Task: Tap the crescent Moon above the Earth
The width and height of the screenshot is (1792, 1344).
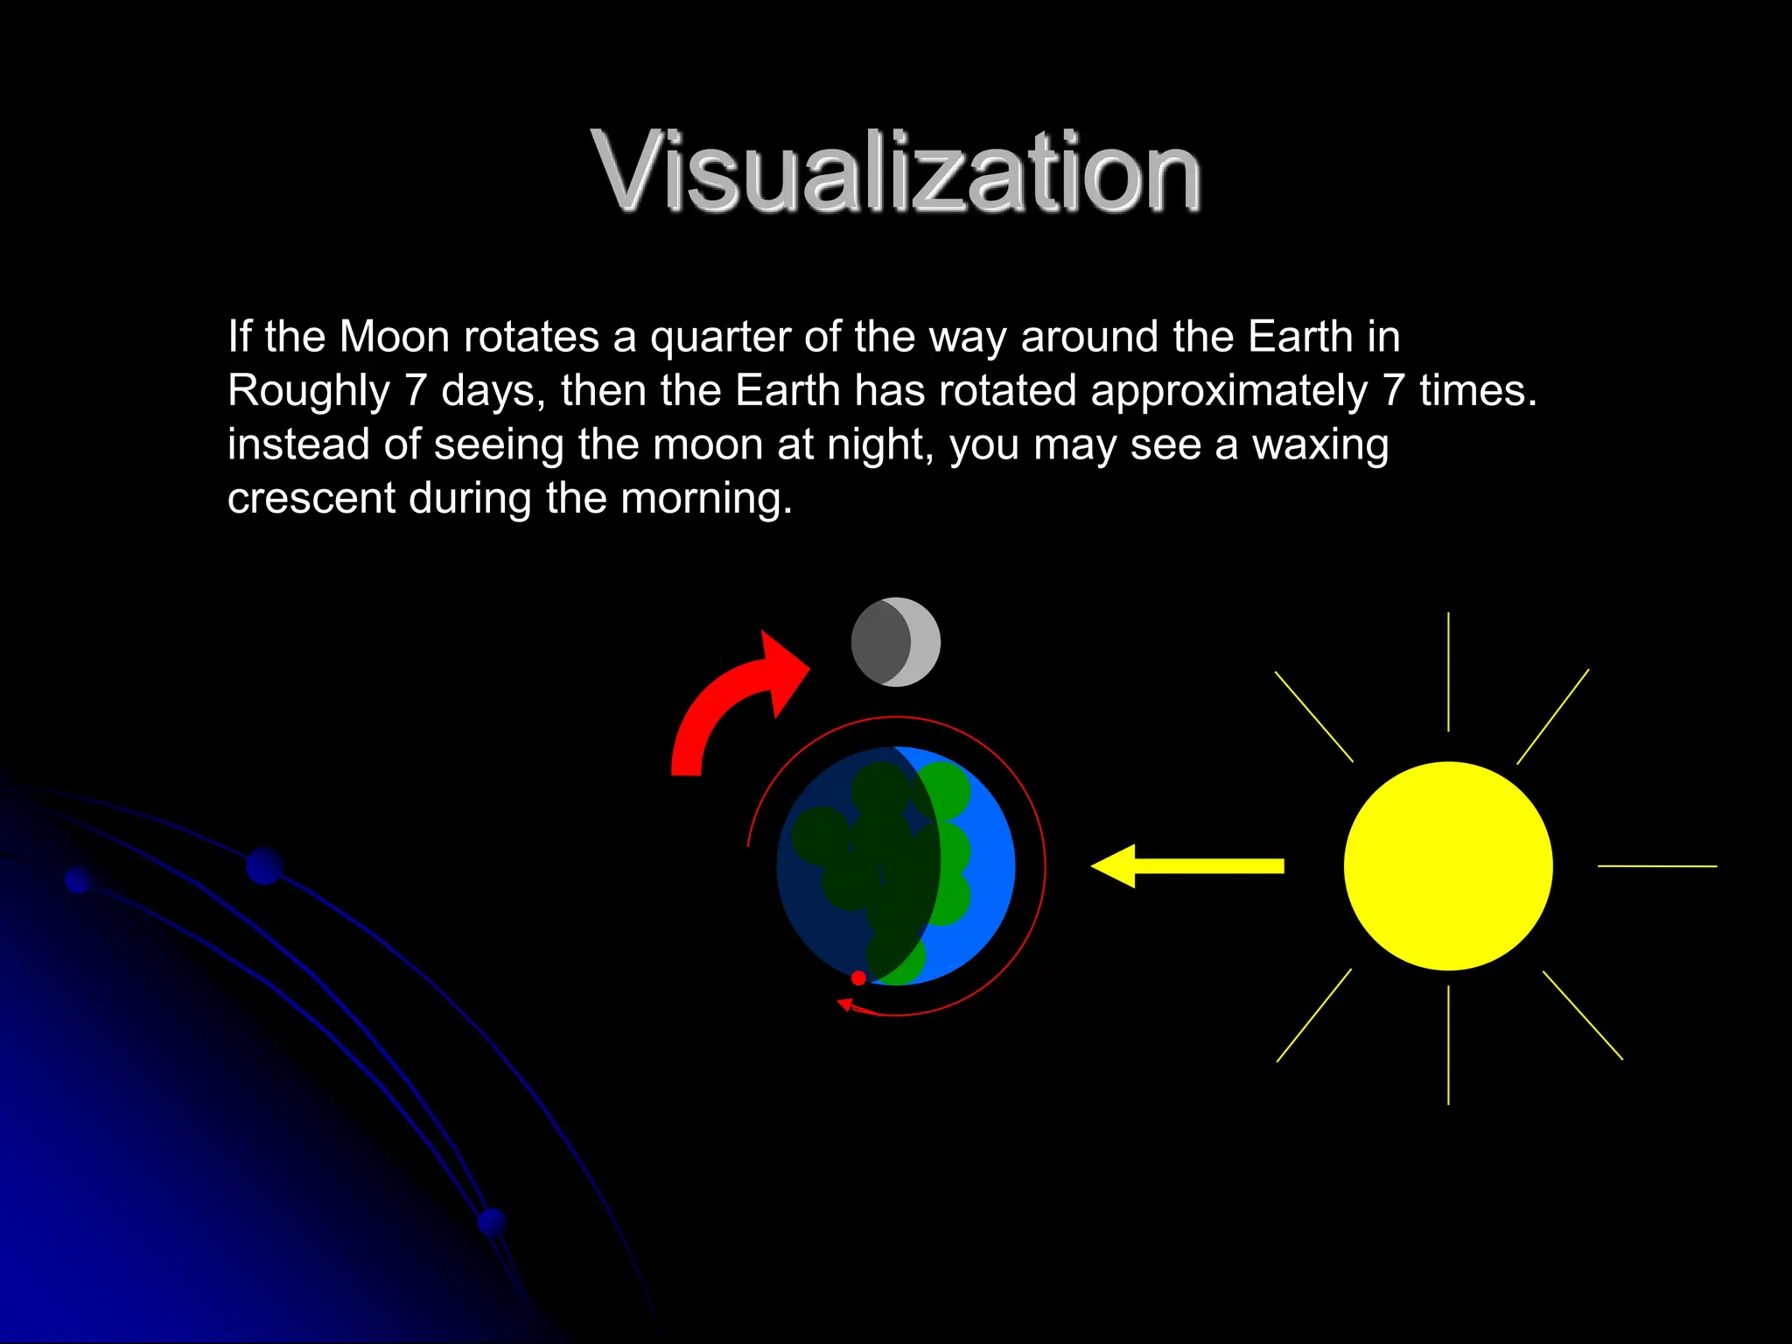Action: pos(896,642)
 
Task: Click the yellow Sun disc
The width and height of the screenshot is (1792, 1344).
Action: pos(1448,865)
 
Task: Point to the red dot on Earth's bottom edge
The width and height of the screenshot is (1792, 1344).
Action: pos(858,977)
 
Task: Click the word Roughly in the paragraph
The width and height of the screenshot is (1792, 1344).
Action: pos(308,391)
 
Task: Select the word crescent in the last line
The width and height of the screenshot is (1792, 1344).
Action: pos(311,499)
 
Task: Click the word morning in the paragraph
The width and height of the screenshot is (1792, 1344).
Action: pos(705,499)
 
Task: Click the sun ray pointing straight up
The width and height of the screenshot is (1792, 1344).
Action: pos(1448,671)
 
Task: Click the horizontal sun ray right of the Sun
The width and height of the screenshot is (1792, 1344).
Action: pos(1657,866)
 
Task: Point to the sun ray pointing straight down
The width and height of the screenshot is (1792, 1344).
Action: pos(1448,1045)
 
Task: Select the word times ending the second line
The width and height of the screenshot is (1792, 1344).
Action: pos(1477,391)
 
